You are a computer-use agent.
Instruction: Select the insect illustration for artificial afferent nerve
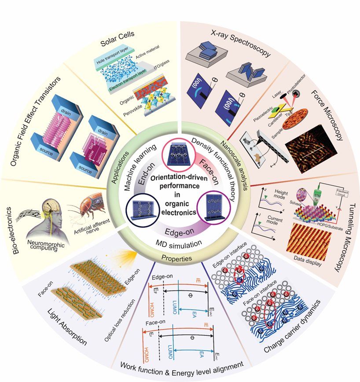point(84,207)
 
